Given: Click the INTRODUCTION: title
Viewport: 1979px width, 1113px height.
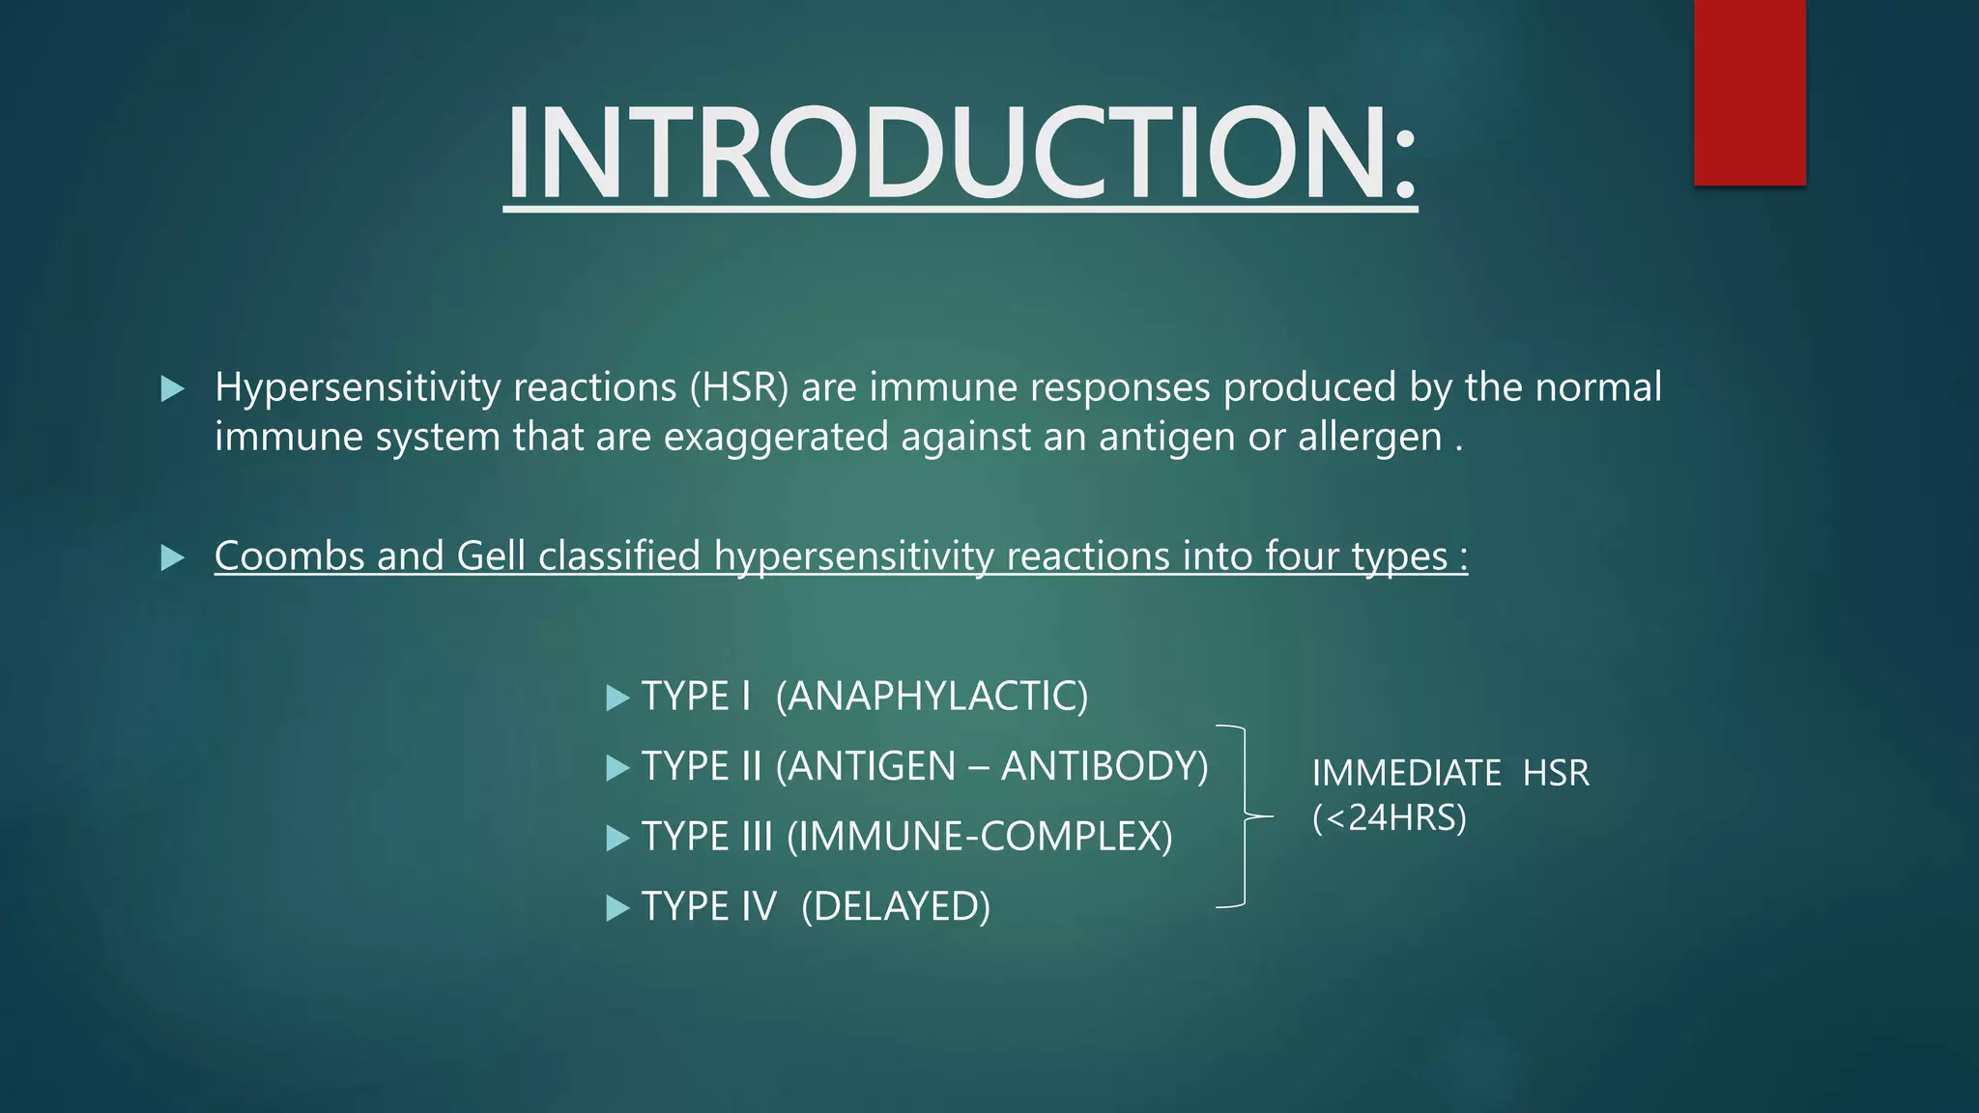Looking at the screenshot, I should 960,155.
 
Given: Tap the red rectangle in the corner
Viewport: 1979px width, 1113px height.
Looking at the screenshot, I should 1749,92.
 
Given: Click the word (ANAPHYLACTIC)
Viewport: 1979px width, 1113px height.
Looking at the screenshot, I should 932,696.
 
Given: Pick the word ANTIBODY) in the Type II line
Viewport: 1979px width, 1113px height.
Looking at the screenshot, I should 1104,766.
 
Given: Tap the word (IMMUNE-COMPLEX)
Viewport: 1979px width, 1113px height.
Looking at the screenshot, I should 979,837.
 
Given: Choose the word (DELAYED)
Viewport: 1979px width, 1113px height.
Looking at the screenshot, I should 896,906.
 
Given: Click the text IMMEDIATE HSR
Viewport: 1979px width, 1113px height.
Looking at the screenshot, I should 1449,773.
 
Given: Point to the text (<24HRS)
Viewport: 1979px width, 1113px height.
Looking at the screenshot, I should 1389,818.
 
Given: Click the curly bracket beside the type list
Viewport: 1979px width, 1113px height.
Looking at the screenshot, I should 1244,816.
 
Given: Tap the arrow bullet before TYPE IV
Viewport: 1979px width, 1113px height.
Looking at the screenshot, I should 617,907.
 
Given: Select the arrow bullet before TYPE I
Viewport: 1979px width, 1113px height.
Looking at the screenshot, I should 617,697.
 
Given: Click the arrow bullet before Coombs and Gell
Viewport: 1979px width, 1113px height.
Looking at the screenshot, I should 172,557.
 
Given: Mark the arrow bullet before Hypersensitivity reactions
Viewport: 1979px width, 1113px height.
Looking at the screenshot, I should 172,389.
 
